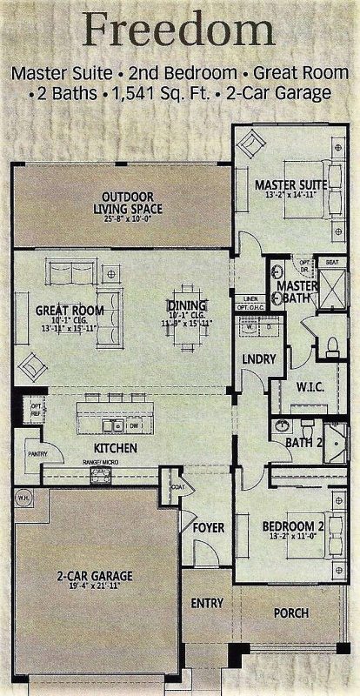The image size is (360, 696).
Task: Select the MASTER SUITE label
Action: click(290, 185)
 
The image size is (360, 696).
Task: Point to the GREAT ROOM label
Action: click(70, 311)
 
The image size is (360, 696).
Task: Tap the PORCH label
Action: click(291, 613)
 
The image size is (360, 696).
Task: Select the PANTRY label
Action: click(36, 453)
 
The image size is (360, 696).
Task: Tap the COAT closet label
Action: click(177, 487)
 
